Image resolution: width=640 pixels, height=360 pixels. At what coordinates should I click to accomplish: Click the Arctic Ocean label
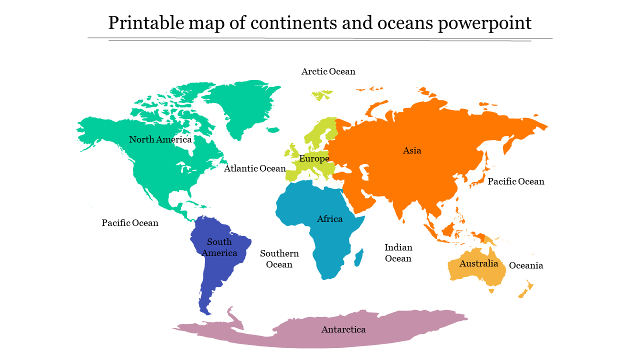[328, 71]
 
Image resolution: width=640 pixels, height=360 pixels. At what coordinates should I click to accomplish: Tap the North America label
[160, 139]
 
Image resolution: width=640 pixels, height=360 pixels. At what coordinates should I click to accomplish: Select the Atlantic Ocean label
[254, 168]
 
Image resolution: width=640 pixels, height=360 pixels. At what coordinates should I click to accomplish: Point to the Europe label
[314, 159]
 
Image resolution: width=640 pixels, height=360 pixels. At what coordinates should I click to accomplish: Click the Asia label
[412, 150]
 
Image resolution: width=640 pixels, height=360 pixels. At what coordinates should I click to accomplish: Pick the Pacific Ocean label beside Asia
[515, 181]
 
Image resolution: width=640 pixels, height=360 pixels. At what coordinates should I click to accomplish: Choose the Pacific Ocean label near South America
[130, 223]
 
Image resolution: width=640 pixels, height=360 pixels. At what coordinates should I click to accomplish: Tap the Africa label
[329, 219]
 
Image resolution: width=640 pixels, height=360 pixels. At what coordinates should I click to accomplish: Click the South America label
[219, 247]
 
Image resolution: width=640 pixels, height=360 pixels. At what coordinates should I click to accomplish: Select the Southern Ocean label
[279, 259]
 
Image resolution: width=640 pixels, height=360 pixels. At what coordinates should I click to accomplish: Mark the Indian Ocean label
[398, 253]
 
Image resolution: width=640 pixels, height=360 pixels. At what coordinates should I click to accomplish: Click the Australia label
[478, 263]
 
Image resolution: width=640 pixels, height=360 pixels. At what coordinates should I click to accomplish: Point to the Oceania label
[525, 265]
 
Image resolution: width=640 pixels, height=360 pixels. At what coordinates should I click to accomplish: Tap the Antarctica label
[343, 329]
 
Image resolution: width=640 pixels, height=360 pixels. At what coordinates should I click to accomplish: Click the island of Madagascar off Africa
[358, 258]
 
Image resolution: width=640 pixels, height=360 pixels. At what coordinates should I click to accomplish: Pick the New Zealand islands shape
[526, 289]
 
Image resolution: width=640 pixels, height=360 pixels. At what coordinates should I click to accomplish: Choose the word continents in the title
[291, 23]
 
